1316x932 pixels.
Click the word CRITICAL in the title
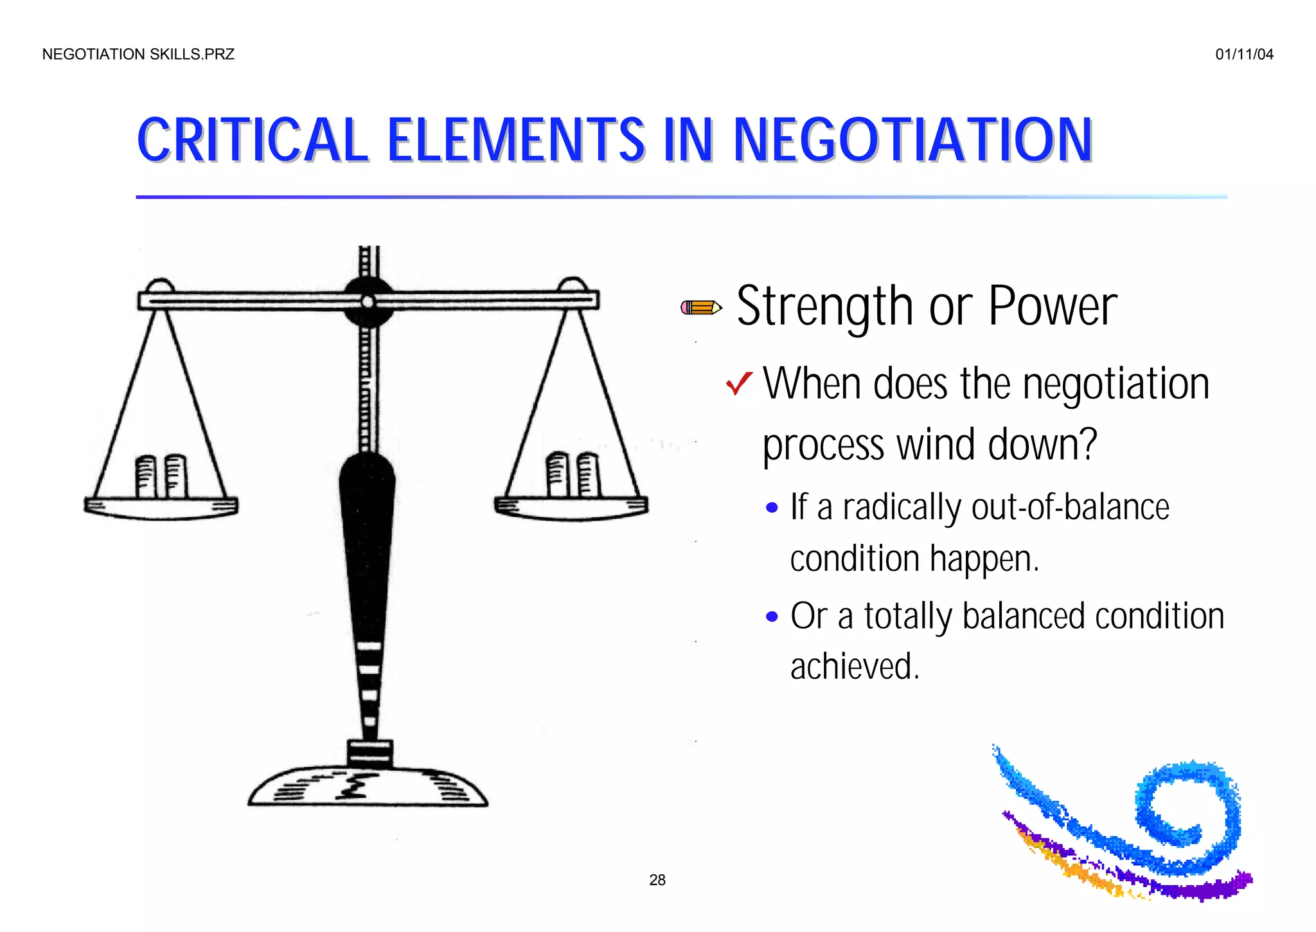tap(252, 140)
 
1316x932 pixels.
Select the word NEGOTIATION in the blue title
tap(912, 140)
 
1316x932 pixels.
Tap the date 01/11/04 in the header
tap(1244, 55)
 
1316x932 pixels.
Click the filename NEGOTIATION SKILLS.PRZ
tap(138, 55)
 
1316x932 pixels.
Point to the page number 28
tap(657, 880)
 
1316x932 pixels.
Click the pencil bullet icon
tap(700, 308)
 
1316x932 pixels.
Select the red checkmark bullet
tap(739, 384)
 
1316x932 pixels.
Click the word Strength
tap(824, 307)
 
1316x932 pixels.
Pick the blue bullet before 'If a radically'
tap(772, 508)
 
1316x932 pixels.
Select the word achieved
tap(854, 667)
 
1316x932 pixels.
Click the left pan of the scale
tap(161, 507)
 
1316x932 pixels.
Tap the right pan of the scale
tap(571, 507)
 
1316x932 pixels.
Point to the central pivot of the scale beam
tap(368, 301)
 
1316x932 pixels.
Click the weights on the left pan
tap(161, 476)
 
